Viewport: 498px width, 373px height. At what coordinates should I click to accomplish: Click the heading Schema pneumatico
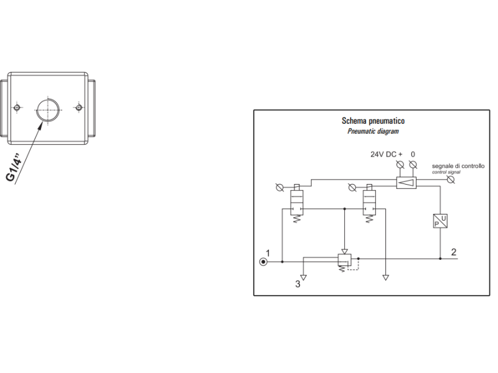[373, 121]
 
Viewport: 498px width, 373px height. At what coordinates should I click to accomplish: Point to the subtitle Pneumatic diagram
[373, 131]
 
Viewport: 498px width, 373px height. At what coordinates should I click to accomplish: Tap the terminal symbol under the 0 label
[413, 165]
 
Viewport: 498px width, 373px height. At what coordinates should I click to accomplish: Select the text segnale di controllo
[458, 166]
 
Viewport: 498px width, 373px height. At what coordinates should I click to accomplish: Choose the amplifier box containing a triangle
[406, 182]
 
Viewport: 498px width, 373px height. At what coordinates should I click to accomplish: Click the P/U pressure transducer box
[440, 221]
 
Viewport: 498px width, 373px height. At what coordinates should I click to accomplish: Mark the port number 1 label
[268, 252]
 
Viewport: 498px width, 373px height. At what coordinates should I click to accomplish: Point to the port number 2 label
[454, 252]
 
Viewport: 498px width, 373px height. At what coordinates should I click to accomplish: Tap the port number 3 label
[298, 284]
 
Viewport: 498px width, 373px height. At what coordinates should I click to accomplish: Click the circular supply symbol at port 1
[264, 261]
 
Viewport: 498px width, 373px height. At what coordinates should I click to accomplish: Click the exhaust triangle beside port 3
[303, 277]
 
